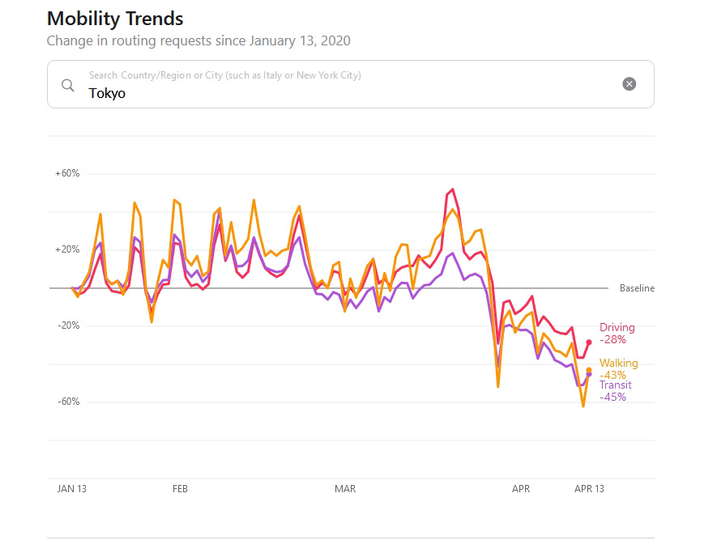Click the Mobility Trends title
pos(115,19)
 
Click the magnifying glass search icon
pos(68,84)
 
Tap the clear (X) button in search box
pos(629,84)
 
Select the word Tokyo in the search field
pos(107,94)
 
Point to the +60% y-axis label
pos(67,173)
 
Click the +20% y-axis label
pos(67,249)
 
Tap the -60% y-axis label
pos(67,402)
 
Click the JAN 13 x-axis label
pos(71,489)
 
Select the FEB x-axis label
pos(180,489)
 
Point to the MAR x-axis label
pos(345,489)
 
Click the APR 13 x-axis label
pos(589,489)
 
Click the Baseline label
pos(637,288)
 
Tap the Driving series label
pos(617,328)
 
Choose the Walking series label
pos(618,364)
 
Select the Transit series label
pos(616,385)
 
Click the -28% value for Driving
pos(612,340)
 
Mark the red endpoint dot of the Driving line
pos(589,342)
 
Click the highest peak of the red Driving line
pos(452,189)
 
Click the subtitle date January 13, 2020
pos(300,40)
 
